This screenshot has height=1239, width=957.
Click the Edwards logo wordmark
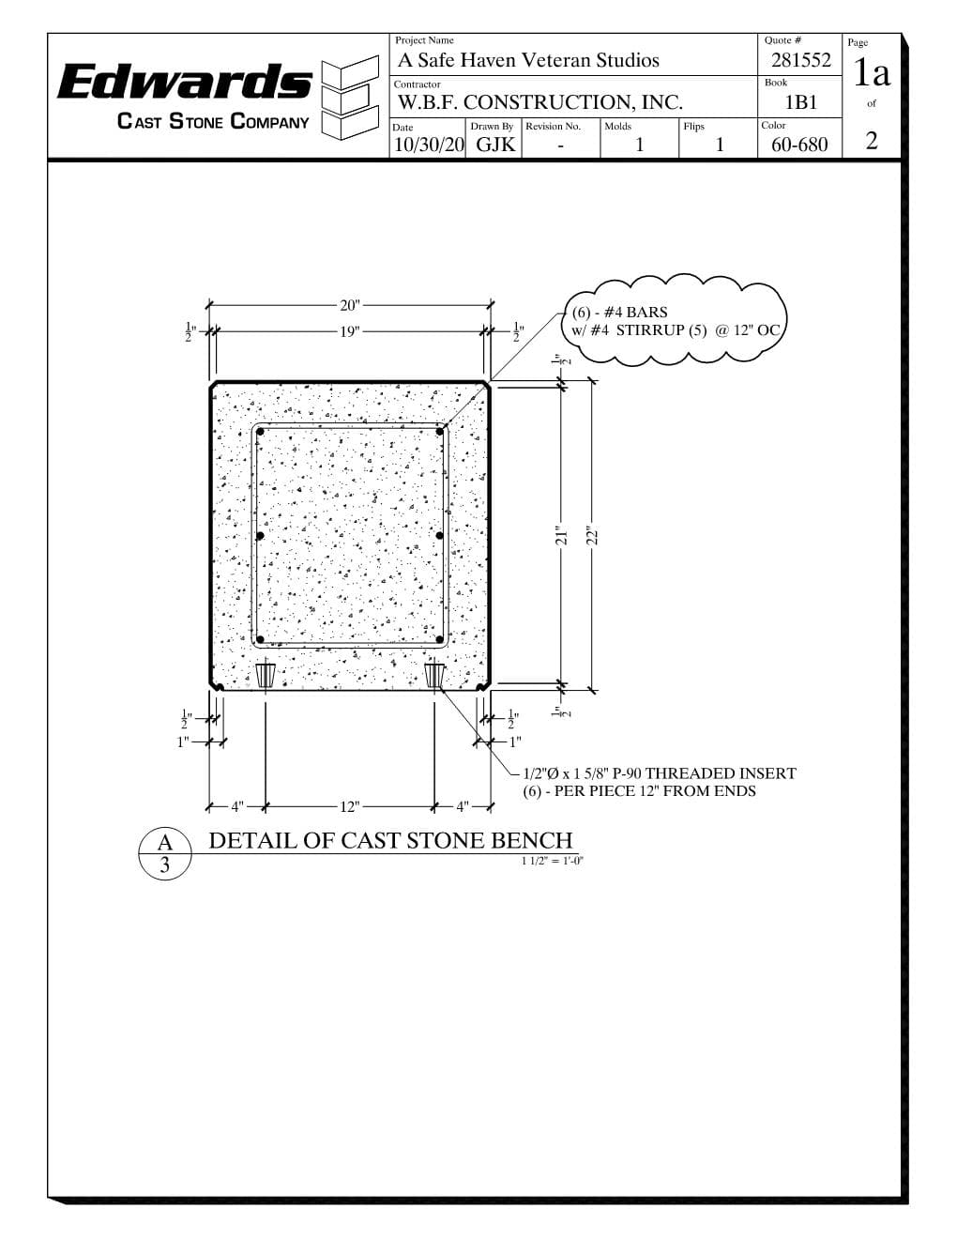point(185,81)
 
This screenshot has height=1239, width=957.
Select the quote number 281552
point(801,60)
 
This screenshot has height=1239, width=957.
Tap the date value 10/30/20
point(429,145)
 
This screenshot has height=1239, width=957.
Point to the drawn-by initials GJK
point(495,145)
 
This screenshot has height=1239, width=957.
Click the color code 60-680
point(799,145)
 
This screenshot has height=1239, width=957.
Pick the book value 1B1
point(801,102)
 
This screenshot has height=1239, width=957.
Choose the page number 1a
point(872,72)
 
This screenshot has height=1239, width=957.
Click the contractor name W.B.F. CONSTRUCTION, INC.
point(539,102)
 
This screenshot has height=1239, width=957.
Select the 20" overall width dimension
point(350,305)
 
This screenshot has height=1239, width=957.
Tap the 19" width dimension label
point(350,331)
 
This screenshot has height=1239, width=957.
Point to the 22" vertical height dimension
point(592,537)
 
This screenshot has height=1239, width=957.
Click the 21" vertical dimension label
point(562,537)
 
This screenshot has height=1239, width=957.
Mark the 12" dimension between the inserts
point(350,807)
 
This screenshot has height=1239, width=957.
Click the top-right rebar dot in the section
point(439,432)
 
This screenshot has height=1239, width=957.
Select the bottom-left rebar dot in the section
point(260,640)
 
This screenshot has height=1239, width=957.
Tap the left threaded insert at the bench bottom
point(265,675)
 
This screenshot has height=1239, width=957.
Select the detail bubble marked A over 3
point(165,853)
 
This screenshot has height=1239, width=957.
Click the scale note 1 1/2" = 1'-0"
point(553,861)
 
